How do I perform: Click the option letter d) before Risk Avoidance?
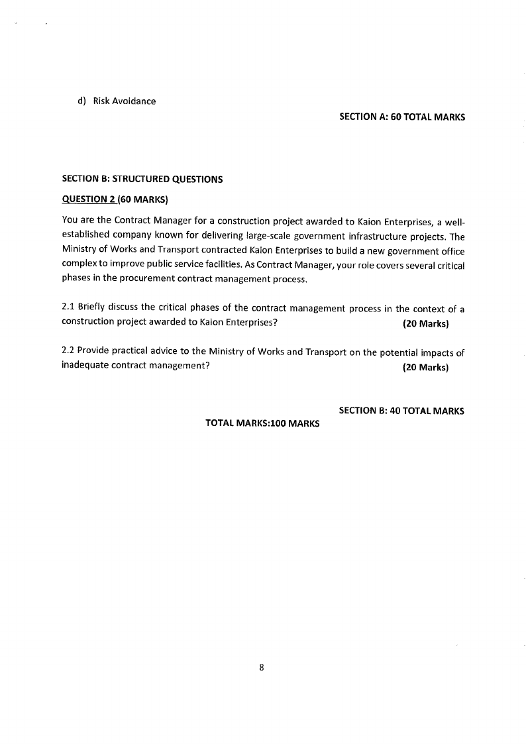pyautogui.click(x=82, y=101)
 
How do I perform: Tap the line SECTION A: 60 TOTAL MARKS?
pyautogui.click(x=401, y=117)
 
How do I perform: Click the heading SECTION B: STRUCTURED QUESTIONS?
pyautogui.click(x=142, y=179)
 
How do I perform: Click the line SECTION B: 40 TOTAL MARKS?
pyautogui.click(x=401, y=411)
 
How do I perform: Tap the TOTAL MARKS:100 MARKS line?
pyautogui.click(x=262, y=423)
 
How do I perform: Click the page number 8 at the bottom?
pyautogui.click(x=262, y=668)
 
